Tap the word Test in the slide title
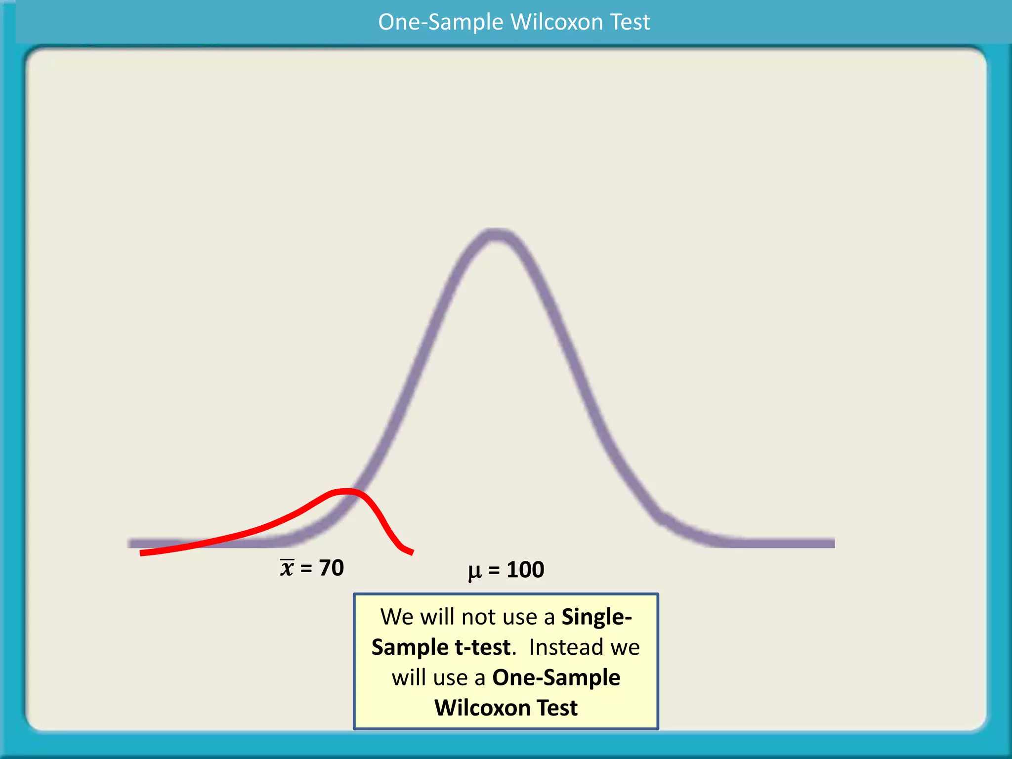click(630, 22)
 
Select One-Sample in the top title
click(441, 22)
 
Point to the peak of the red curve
click(346, 491)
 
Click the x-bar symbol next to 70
click(287, 568)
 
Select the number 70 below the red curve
click(331, 568)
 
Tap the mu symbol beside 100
click(474, 571)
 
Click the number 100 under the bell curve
click(525, 570)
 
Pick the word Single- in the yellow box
click(596, 617)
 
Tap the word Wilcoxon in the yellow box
click(482, 708)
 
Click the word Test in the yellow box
click(557, 708)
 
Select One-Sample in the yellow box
click(556, 677)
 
